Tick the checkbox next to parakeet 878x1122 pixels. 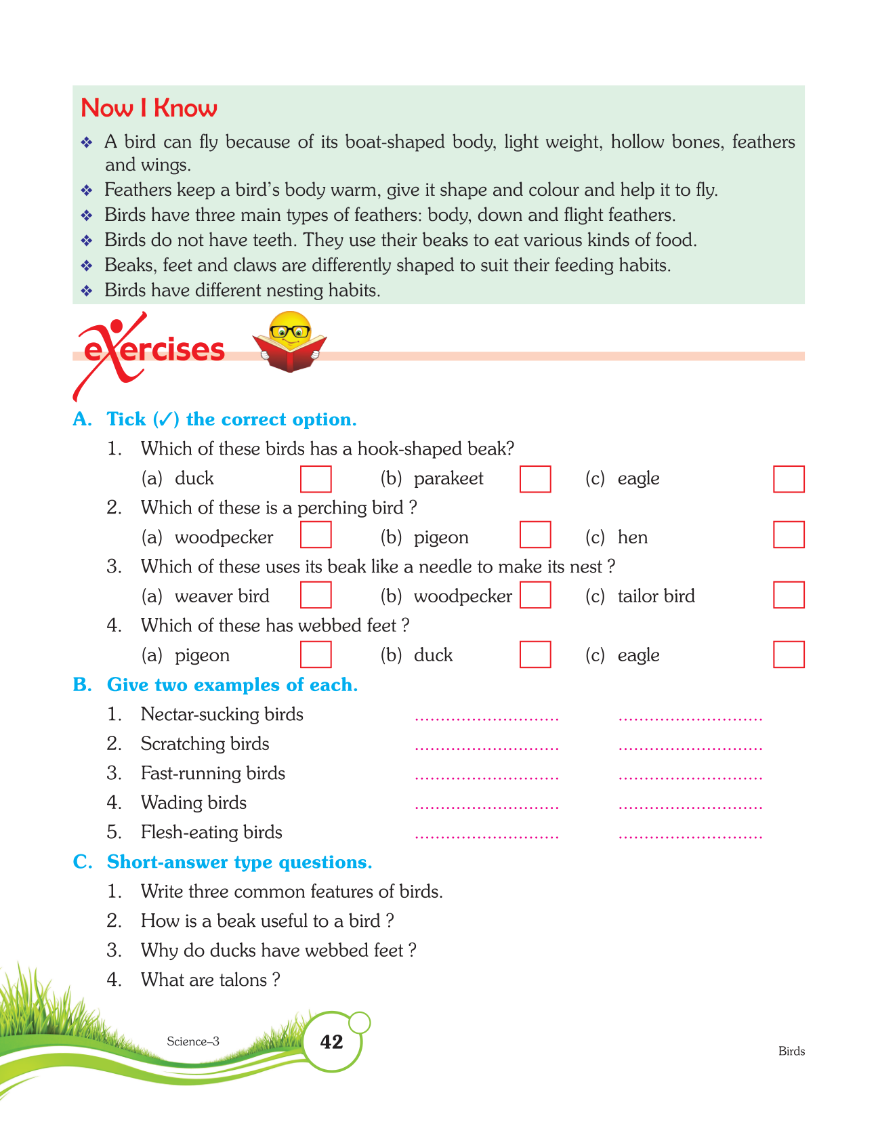535,479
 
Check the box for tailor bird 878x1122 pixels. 789,595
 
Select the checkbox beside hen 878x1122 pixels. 789,535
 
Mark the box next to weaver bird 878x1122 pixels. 316,595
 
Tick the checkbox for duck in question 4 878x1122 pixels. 535,654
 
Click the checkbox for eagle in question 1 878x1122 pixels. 789,479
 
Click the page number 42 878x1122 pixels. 331,1042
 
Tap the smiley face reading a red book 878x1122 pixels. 290,341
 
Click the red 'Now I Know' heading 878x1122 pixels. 149,108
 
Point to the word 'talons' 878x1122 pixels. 242,980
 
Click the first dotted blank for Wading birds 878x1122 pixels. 486,806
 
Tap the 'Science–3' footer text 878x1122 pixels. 193,1041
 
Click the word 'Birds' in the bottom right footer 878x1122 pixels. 791,1052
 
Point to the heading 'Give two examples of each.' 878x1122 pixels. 232,685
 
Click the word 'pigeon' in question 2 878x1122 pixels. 441,537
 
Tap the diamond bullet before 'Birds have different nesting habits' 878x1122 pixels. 87,291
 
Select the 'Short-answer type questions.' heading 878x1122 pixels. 240,862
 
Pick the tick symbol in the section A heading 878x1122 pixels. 165,419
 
